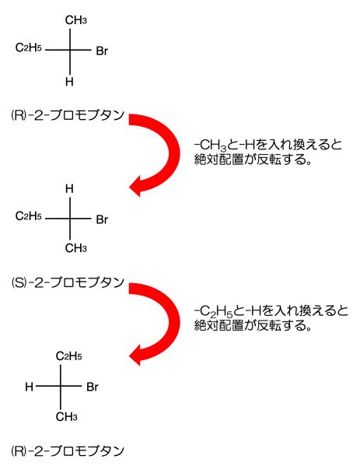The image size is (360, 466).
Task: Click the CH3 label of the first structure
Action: (x=76, y=20)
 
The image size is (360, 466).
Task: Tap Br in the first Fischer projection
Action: (x=102, y=51)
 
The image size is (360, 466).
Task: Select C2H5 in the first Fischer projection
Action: (x=29, y=47)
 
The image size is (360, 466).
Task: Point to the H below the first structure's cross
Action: (x=69, y=82)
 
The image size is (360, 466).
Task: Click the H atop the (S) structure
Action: (x=69, y=188)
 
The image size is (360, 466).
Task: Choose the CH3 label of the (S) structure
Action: (x=76, y=248)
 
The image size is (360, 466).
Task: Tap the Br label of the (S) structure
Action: (x=102, y=219)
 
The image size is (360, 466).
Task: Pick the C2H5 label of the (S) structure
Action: (x=29, y=216)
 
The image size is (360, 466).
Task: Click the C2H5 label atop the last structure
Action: (x=69, y=356)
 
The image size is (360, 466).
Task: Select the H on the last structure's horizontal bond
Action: (x=29, y=387)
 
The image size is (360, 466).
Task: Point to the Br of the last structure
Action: (x=93, y=387)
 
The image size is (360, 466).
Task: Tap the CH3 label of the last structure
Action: (x=67, y=417)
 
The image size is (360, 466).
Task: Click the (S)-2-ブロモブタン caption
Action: (x=68, y=282)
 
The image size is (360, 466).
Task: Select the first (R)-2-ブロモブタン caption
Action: (x=68, y=115)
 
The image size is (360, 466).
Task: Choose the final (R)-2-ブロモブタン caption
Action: (x=68, y=451)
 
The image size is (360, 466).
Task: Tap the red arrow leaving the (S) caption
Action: (x=173, y=322)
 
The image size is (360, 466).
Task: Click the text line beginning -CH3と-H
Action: (x=268, y=145)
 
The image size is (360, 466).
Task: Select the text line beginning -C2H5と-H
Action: (x=271, y=311)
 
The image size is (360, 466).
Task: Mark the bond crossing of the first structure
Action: (x=70, y=50)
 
